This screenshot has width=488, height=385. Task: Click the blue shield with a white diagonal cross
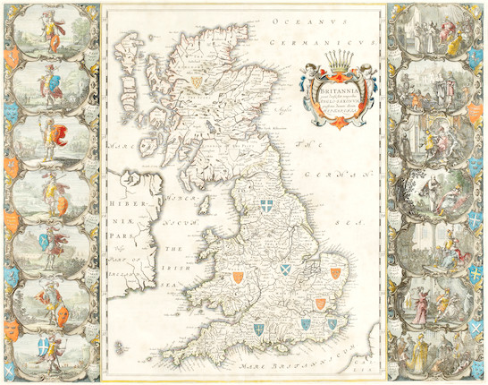(x=287, y=268)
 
